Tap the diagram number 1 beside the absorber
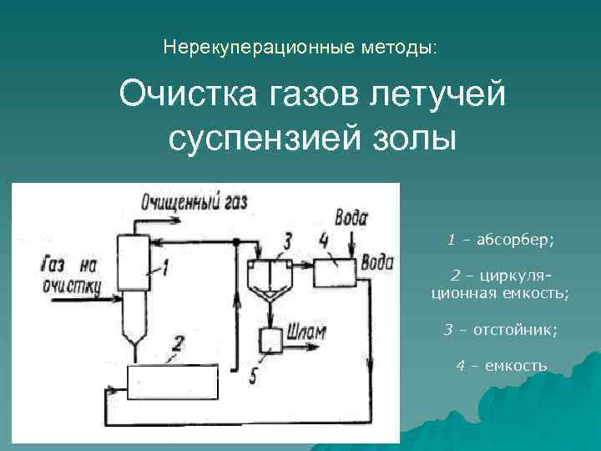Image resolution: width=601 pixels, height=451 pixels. (166, 267)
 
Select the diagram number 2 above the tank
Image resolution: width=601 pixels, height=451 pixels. (177, 342)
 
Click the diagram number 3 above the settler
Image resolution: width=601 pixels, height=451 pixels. (288, 241)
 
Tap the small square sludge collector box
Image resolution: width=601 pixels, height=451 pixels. (271, 340)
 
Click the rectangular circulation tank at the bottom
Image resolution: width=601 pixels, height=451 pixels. (171, 383)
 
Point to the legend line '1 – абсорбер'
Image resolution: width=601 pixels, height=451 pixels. (500, 241)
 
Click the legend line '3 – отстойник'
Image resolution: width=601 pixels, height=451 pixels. (500, 330)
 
